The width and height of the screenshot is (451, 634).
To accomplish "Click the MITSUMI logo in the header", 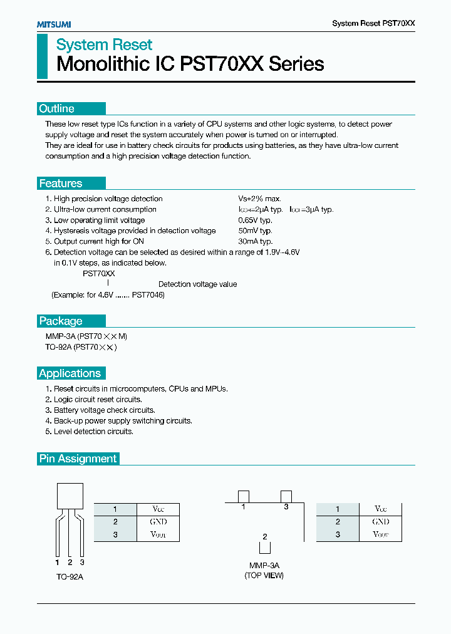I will tap(54, 24).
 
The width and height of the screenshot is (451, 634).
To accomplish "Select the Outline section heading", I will tap(57, 108).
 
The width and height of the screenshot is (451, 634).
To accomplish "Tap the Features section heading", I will tap(61, 184).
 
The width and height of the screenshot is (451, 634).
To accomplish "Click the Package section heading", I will tap(61, 321).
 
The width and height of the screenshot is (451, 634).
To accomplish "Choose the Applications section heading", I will tap(70, 373).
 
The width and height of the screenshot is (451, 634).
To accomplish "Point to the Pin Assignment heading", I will tap(78, 459).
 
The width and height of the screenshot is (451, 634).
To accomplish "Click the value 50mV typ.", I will tap(255, 231).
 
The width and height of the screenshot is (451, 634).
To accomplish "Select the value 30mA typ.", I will tap(255, 241).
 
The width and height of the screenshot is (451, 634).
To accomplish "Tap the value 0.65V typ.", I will tap(255, 220).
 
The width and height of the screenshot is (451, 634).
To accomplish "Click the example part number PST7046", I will tap(147, 294).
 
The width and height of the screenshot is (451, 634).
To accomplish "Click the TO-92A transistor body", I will tap(70, 496).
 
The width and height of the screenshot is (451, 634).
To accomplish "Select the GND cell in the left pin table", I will tap(158, 521).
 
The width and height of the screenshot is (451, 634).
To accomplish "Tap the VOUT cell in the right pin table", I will tap(381, 534).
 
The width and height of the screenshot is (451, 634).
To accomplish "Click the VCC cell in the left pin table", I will tap(158, 509).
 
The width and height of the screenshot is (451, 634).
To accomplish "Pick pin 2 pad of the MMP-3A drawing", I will tap(265, 547).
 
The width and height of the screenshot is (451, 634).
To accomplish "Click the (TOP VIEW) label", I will tap(264, 575).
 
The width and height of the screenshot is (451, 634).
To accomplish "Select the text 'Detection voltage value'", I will tap(197, 284).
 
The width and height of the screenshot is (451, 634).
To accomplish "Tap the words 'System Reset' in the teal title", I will tap(105, 45).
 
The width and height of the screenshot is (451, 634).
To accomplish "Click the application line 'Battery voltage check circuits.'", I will tap(105, 410).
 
